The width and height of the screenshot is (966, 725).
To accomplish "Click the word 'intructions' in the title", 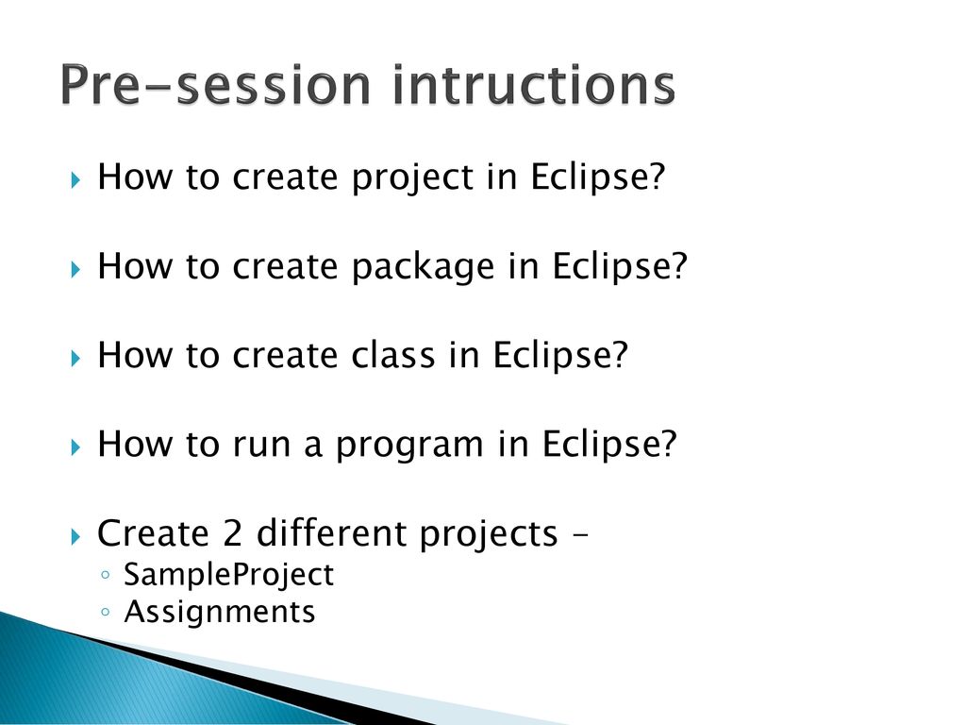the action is [x=534, y=84].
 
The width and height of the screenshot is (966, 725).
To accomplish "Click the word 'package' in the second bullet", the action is [x=424, y=267].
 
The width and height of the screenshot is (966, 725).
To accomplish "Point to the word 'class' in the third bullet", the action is [x=393, y=355].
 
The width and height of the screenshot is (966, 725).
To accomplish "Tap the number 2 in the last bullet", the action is [x=232, y=532].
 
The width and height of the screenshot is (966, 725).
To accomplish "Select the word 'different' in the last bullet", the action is [x=333, y=532].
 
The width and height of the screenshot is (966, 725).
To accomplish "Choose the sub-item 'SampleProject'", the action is [x=228, y=576].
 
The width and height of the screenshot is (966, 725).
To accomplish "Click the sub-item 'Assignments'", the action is [x=220, y=613].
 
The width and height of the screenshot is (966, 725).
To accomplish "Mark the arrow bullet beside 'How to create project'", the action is [x=75, y=180].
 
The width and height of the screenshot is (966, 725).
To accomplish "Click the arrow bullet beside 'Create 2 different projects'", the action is [x=75, y=536].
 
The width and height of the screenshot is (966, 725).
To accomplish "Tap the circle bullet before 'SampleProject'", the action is [x=106, y=575].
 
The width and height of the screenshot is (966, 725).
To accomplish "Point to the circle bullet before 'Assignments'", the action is [x=106, y=612].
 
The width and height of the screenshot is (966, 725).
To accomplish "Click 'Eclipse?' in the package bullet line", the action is [x=619, y=267].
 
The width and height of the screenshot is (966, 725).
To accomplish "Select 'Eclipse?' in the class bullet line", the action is [x=560, y=356].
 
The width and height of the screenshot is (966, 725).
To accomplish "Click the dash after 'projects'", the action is [x=580, y=536].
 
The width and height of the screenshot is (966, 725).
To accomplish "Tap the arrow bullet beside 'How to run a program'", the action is [x=75, y=447].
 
